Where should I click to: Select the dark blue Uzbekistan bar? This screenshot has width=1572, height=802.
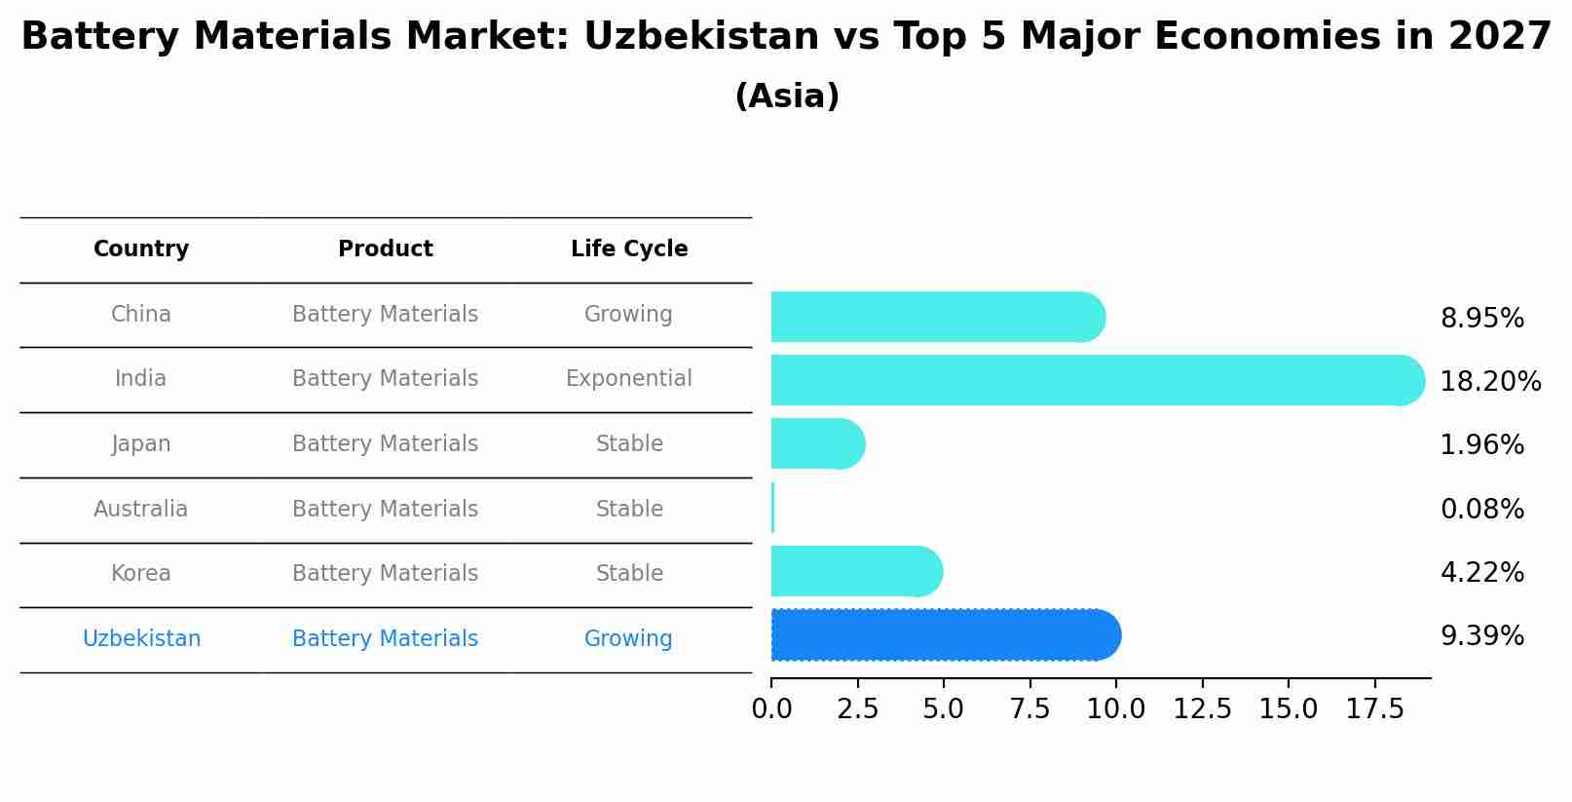[945, 635]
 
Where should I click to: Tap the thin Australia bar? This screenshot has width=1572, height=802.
[772, 508]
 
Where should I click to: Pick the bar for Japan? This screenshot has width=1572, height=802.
[816, 443]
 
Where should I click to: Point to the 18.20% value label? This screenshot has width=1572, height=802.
[1489, 381]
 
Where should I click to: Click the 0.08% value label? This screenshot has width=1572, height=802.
[1481, 509]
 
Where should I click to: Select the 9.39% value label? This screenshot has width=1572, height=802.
[1481, 636]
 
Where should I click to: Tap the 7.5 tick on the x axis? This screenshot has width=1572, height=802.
[1029, 709]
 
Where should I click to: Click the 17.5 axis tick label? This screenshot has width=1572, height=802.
[1374, 709]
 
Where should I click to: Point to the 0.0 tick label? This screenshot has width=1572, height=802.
[771, 709]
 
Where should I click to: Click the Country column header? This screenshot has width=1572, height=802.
[141, 249]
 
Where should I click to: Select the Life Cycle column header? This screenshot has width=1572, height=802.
[629, 249]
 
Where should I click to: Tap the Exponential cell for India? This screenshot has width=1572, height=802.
[629, 379]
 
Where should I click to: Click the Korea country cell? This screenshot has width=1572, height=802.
[141, 574]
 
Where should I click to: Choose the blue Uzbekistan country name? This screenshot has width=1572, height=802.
[141, 639]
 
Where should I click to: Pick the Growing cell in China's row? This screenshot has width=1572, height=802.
[628, 315]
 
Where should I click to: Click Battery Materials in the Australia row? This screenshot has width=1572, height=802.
[385, 510]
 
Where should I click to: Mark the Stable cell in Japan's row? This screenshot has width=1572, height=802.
[629, 444]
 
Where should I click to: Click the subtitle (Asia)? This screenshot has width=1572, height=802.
[787, 96]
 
